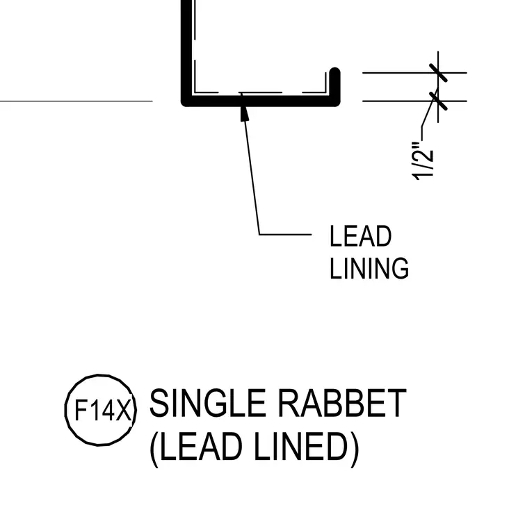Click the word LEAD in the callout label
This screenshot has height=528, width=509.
pyautogui.click(x=360, y=236)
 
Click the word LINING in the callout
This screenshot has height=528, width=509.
pyautogui.click(x=369, y=268)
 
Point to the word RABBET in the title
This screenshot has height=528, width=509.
pyautogui.click(x=342, y=403)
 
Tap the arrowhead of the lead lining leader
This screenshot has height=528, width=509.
pyautogui.click(x=245, y=113)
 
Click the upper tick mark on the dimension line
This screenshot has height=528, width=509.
pyautogui.click(x=438, y=72)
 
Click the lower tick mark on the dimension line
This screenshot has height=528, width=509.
pyautogui.click(x=438, y=101)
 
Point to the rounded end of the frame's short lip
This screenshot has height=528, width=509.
pyautogui.click(x=334, y=72)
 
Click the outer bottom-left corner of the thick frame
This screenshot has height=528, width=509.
pyautogui.click(x=182, y=106)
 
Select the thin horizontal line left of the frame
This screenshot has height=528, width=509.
pyautogui.click(x=76, y=101)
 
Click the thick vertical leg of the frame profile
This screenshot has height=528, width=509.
pyautogui.click(x=186, y=51)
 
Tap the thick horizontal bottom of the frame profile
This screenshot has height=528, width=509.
pyautogui.click(x=261, y=101)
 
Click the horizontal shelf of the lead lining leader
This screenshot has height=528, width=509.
pyautogui.click(x=285, y=234)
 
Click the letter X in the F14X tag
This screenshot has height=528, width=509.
pyautogui.click(x=123, y=411)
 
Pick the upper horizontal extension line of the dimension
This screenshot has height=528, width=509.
pyautogui.click(x=414, y=72)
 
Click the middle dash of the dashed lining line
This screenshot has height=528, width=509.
pyautogui.click(x=260, y=92)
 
